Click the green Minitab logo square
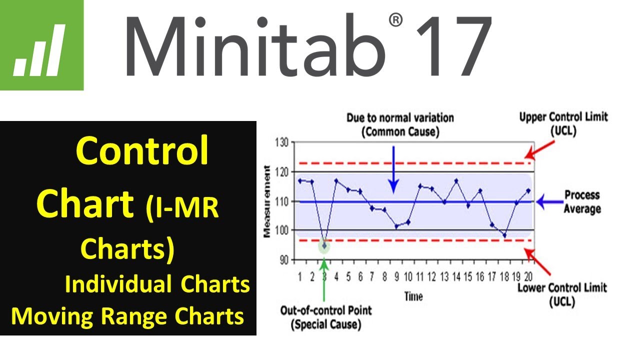[41, 45]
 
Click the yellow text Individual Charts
[157, 284]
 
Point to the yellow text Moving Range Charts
[127, 316]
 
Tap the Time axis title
[413, 296]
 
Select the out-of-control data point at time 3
[324, 246]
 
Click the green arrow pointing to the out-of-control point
[324, 277]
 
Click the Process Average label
[581, 201]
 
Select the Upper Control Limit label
[563, 123]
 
